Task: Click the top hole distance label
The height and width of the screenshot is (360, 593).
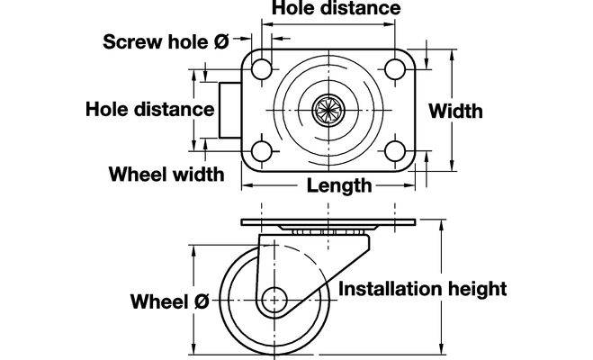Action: click(336, 8)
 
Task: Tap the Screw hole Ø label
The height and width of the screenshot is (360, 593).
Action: click(166, 40)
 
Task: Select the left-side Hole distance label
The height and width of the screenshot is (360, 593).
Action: click(149, 109)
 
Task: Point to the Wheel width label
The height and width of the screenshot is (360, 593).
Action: click(166, 173)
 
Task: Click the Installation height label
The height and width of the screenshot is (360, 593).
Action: click(423, 289)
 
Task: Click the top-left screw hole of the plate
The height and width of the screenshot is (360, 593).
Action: click(261, 68)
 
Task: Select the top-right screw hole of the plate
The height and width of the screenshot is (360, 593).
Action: click(393, 68)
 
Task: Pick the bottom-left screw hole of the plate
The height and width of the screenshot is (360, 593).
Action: click(261, 151)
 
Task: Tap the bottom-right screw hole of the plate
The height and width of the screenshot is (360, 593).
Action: click(393, 151)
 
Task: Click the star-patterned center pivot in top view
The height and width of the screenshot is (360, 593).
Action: click(326, 111)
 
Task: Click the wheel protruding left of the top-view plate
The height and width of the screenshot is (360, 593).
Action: click(229, 110)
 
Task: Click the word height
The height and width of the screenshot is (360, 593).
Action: click(477, 289)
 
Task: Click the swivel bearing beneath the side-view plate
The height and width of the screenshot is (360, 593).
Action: click(326, 231)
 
